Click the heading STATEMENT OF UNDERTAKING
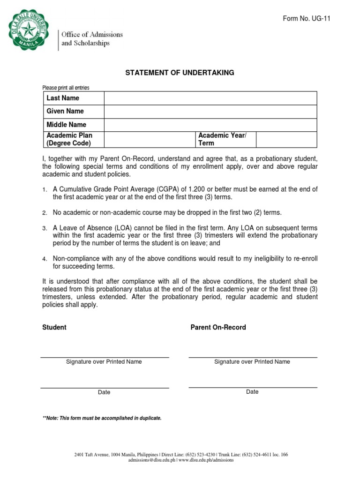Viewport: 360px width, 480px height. (x=180, y=73)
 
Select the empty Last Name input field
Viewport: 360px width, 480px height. (x=210, y=98)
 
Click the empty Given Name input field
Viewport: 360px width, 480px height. (x=210, y=112)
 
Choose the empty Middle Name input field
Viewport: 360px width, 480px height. (x=210, y=125)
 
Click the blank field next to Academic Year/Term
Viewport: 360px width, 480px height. (x=286, y=139)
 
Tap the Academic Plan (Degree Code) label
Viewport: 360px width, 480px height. (x=69, y=139)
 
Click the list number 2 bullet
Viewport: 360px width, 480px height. (x=45, y=213)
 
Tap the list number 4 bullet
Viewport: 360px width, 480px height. (x=45, y=259)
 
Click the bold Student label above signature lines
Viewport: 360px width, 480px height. (x=54, y=327)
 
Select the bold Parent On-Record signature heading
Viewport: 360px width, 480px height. (x=218, y=327)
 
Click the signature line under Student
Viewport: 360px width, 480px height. (x=105, y=358)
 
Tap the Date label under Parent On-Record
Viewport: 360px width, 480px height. (x=252, y=392)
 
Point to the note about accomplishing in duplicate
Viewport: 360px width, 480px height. (x=102, y=418)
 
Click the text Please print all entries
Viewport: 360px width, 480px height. (x=66, y=88)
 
